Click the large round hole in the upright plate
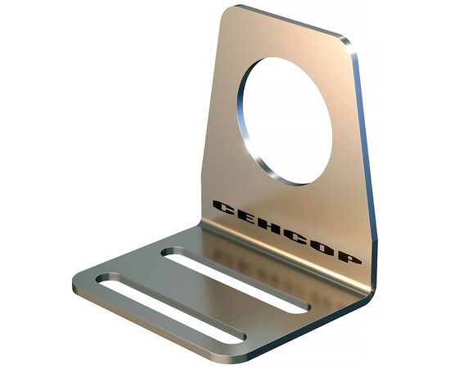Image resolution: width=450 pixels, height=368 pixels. click(x=285, y=121)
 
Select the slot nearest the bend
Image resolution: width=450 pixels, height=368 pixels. click(x=236, y=280)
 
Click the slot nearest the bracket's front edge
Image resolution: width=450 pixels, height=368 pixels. click(x=171, y=309)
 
